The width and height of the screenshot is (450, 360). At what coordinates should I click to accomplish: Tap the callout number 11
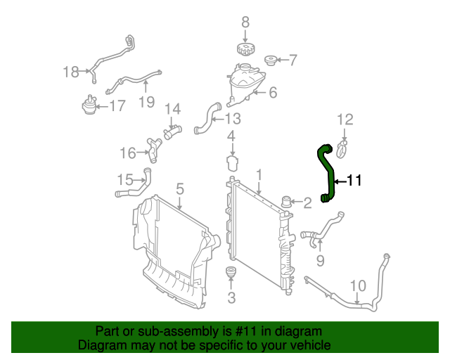coord(353,181)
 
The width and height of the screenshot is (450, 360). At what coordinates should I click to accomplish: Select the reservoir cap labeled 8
coord(245,51)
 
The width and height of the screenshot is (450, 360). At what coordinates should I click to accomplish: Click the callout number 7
coord(293,60)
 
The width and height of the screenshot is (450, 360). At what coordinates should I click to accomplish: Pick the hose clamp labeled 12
coord(343,147)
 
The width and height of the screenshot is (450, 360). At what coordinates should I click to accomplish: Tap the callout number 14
coord(173,109)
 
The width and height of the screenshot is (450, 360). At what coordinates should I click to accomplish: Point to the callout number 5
coord(180,188)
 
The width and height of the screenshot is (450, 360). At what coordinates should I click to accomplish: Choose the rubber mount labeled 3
coord(231,272)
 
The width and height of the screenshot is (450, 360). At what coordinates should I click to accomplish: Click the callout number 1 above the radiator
coord(259,174)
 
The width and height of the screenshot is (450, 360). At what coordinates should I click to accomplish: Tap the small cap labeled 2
coord(287,202)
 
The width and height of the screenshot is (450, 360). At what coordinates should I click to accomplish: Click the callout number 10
coord(358,286)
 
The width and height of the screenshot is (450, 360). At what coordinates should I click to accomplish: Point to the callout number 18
coord(71,71)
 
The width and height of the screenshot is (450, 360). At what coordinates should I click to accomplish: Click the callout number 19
coord(146,103)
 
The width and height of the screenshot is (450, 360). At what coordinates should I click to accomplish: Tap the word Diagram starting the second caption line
coord(101,345)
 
